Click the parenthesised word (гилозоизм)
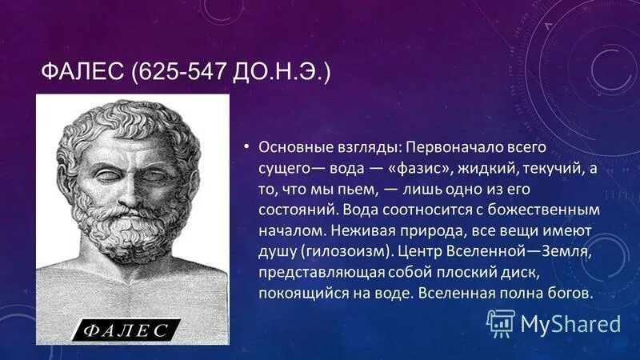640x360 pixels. tap(345, 251)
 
